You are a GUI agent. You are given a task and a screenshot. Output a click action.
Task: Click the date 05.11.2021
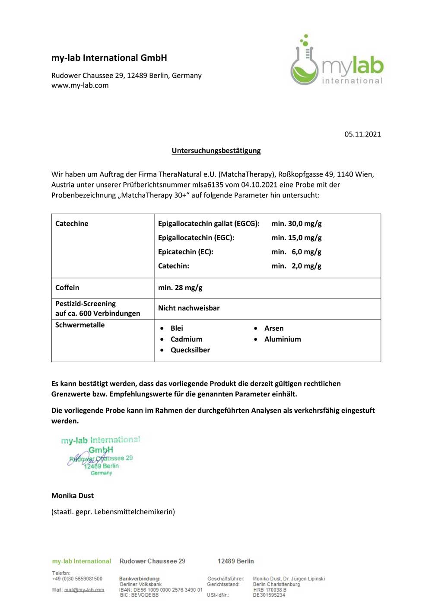362,134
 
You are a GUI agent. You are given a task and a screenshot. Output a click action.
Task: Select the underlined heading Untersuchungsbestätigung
216,151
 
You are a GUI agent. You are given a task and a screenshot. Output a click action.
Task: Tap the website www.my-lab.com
80,85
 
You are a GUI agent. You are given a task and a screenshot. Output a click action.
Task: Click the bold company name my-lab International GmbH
109,58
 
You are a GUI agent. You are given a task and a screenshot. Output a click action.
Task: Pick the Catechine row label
72,224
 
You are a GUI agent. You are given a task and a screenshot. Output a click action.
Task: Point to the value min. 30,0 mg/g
296,224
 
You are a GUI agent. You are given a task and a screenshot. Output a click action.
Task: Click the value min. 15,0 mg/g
296,238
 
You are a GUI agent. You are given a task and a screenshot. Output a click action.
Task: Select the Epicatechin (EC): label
185,252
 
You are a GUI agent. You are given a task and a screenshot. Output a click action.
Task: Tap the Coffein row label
67,288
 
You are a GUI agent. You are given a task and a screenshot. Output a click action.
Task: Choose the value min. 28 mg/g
180,288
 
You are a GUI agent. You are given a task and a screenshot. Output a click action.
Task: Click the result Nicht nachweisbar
189,308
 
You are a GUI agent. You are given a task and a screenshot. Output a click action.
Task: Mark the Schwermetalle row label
80,325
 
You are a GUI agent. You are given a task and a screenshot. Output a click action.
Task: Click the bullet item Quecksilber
190,350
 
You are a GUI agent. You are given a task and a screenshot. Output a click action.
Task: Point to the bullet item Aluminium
283,339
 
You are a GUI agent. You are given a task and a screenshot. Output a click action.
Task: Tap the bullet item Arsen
274,329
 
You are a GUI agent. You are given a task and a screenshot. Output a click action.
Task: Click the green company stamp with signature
101,456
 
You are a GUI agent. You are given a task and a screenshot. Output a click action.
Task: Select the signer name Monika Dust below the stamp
73,496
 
